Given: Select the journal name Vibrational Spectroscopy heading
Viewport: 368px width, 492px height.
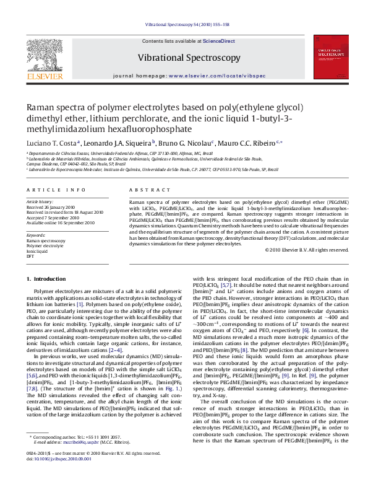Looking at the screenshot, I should tap(189, 58).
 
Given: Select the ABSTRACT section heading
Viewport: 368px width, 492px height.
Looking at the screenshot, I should tap(144, 190).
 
